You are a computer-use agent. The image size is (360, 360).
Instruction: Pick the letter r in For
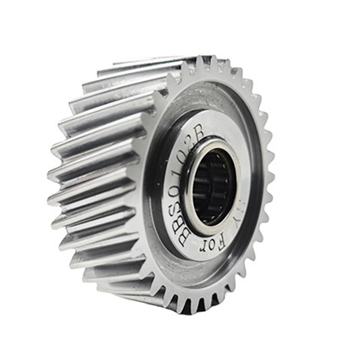click(202, 248)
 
